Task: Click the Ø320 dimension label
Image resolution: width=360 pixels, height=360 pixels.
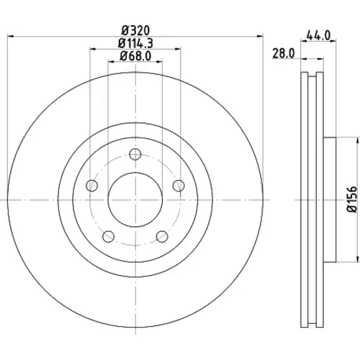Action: (135, 30)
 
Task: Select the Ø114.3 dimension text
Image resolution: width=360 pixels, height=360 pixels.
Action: (135, 43)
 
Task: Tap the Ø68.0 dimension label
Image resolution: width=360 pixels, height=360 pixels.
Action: (135, 56)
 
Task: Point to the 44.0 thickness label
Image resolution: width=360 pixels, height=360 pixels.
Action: (318, 36)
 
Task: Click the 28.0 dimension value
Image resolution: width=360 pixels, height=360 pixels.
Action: (283, 53)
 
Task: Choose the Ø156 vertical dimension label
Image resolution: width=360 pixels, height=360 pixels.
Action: (352, 199)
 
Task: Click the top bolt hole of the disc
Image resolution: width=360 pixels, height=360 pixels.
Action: (135, 154)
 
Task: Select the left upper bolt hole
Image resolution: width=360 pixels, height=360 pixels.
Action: (91, 186)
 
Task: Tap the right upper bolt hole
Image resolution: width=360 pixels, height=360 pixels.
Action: (179, 186)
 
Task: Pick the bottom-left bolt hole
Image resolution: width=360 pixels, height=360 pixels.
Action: (108, 236)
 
